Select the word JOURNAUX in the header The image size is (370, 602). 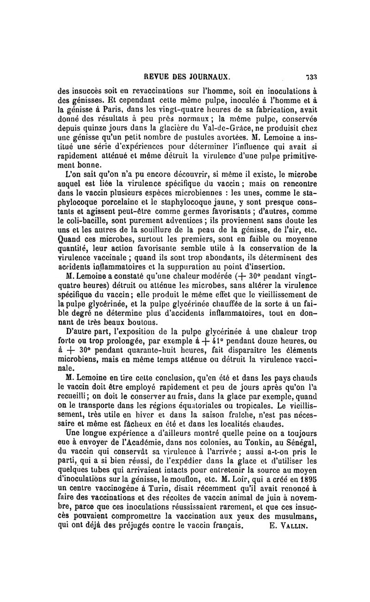[210, 77]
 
